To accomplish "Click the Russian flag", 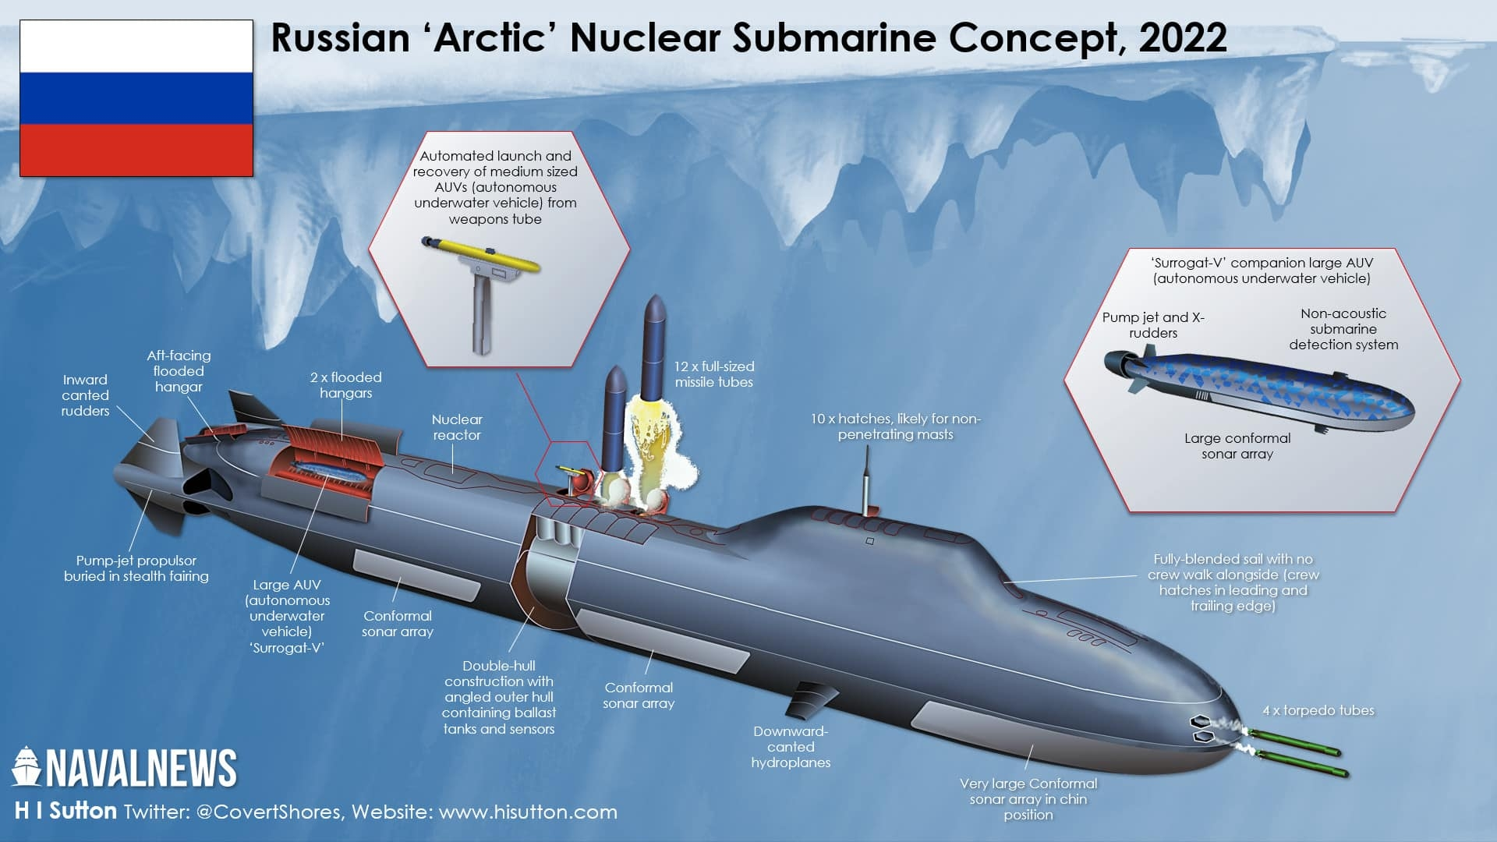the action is tap(136, 98).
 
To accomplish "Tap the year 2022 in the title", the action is tap(1183, 37).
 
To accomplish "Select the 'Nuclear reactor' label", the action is tap(457, 427).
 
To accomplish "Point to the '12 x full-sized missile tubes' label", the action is tap(714, 374).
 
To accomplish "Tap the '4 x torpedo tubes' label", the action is tap(1318, 710).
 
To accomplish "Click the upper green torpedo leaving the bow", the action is tap(1294, 741).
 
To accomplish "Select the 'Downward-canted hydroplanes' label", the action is tap(791, 747).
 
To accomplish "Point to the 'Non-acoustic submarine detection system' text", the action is tap(1343, 329).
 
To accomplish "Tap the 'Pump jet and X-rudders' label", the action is tap(1153, 325).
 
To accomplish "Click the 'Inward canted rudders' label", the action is tap(85, 395).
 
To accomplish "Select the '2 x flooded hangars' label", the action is tap(346, 385).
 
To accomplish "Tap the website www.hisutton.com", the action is tap(528, 812).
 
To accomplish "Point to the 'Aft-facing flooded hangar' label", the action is tap(179, 371).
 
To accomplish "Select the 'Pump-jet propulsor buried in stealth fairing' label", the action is tap(136, 568).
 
